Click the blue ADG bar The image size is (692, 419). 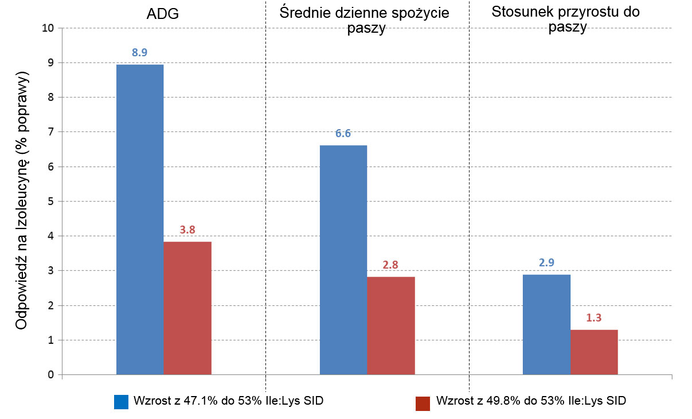140,220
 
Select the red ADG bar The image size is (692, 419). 187,308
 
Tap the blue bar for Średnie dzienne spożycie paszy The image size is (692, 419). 343,260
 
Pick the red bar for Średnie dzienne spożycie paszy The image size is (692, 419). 391,325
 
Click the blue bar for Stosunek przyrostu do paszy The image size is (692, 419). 546,324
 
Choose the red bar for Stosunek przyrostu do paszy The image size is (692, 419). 594,352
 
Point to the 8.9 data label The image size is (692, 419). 140,52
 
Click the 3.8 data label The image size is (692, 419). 187,230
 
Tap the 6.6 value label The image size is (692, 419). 343,134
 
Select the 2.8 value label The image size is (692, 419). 391,265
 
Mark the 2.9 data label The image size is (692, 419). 546,262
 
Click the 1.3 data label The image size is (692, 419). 594,317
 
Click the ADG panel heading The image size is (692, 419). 163,14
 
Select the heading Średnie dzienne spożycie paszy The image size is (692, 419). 365,21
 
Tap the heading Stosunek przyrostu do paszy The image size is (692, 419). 565,20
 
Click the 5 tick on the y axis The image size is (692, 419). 51,201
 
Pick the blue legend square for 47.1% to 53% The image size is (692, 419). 121,402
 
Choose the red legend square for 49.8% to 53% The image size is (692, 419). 423,403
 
